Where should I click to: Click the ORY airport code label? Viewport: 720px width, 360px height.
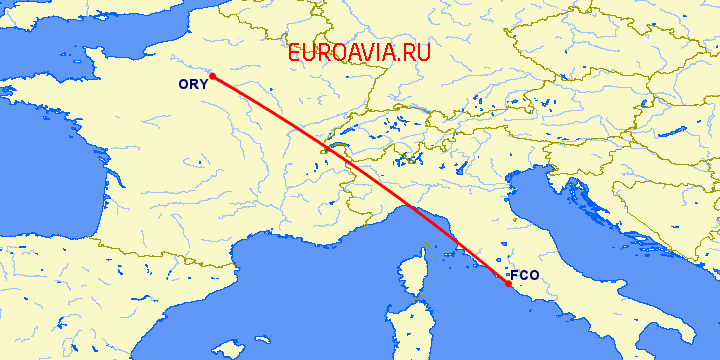pos(192,84)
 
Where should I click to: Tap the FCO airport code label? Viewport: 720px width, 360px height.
pos(524,275)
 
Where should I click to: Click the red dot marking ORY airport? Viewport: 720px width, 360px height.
pos(212,76)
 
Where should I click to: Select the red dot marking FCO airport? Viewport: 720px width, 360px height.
pos(509,284)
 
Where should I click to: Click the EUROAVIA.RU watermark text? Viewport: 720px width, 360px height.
pos(359,54)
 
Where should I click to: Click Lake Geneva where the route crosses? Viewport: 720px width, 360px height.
pos(327,150)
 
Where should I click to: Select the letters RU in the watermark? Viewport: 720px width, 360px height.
pos(415,54)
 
